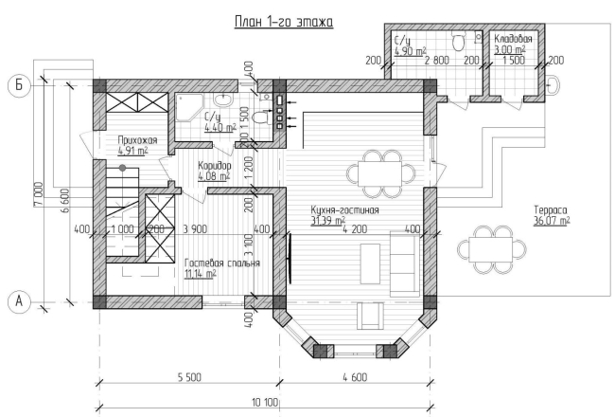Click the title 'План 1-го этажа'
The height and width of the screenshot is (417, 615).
pyautogui.click(x=284, y=22)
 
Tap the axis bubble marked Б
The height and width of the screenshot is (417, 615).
pyautogui.click(x=19, y=85)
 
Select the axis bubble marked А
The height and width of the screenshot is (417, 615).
pyautogui.click(x=19, y=301)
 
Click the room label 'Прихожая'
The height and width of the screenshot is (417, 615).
pyautogui.click(x=137, y=140)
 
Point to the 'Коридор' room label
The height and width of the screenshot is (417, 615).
pyautogui.click(x=215, y=166)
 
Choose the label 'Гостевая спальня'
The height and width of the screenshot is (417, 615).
pyautogui.click(x=222, y=263)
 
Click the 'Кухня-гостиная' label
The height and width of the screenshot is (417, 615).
pyautogui.click(x=345, y=209)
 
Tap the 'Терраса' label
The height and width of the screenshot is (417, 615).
pyautogui.click(x=551, y=209)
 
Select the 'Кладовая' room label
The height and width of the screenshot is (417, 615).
pyautogui.click(x=513, y=39)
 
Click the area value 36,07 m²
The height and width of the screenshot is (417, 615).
pyautogui.click(x=552, y=221)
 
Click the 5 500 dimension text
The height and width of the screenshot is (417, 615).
pyautogui.click(x=189, y=377)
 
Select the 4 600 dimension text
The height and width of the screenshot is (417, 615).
pyautogui.click(x=355, y=377)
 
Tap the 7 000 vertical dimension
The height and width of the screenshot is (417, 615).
pyautogui.click(x=38, y=193)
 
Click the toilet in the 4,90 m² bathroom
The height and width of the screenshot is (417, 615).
pyautogui.click(x=458, y=41)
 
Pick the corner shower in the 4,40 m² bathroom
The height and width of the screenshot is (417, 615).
pyautogui.click(x=189, y=108)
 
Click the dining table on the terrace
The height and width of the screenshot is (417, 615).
pyautogui.click(x=491, y=249)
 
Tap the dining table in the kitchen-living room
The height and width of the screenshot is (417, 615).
pyautogui.click(x=379, y=173)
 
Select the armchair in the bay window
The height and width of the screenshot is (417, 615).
pyautogui.click(x=370, y=316)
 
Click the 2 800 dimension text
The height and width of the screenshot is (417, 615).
pyautogui.click(x=437, y=61)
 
